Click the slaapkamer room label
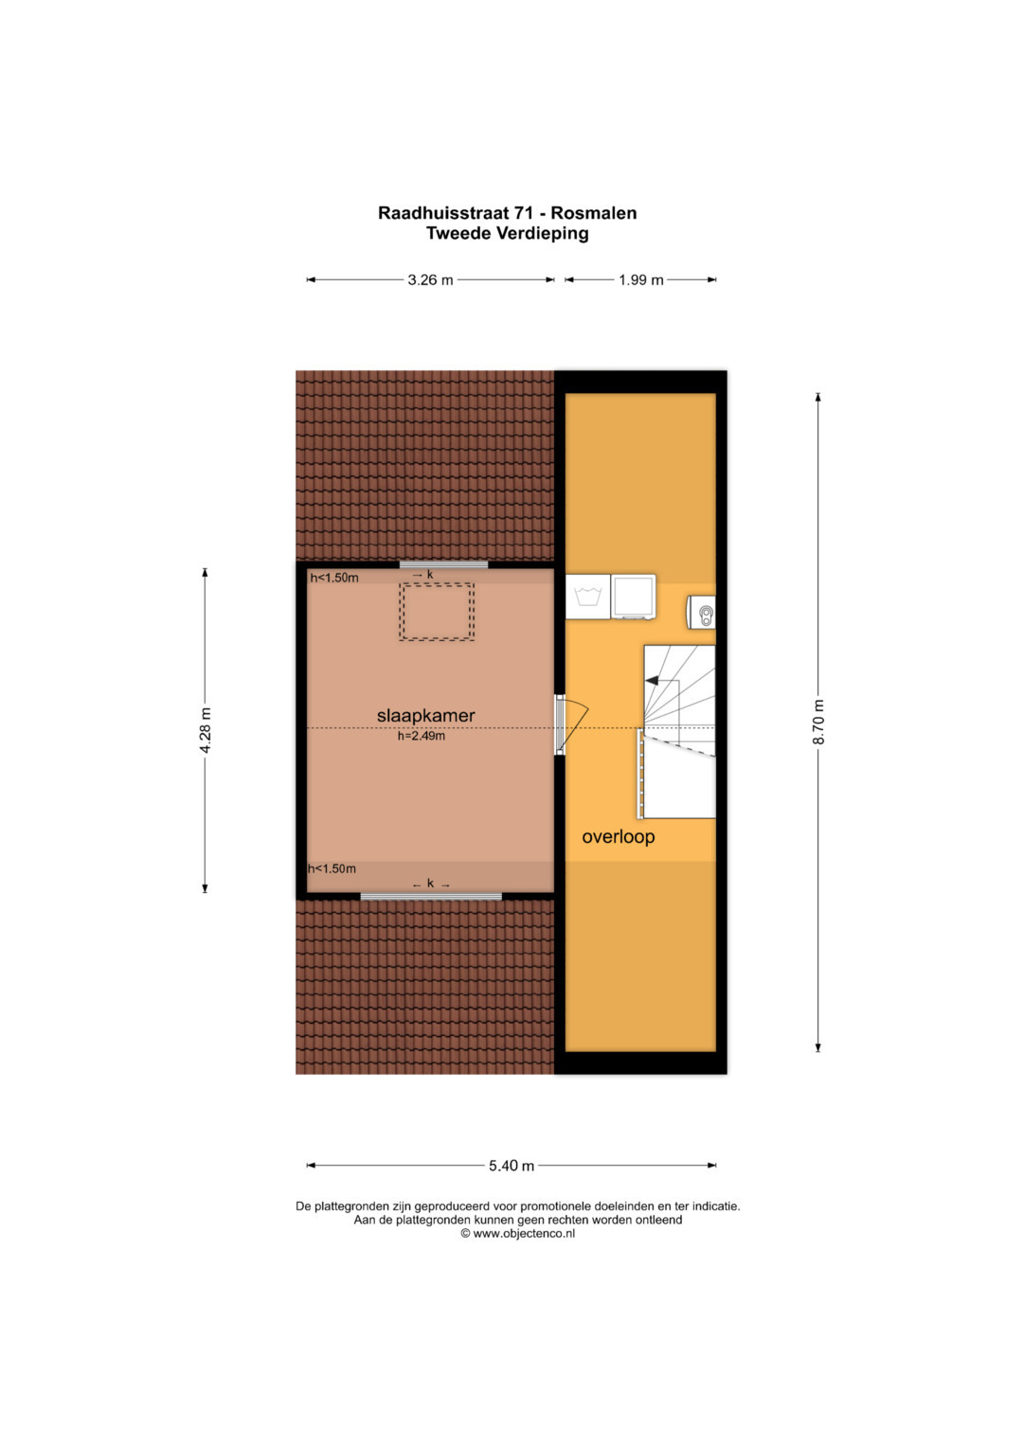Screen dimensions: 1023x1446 point(425,715)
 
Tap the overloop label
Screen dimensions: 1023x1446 point(618,837)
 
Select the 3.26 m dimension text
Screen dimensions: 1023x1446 point(430,279)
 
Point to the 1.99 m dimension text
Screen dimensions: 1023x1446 point(640,279)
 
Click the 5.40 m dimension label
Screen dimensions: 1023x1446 point(511,1166)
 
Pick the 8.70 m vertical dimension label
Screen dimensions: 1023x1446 point(818,723)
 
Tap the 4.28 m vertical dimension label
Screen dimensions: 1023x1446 point(206,730)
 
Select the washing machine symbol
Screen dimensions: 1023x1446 point(587,597)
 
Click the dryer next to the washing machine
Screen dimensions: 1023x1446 point(634,598)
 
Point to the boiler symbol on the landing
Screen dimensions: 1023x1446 point(701,612)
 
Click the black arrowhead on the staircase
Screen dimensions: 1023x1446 point(652,680)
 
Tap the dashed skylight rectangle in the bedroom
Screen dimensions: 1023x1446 point(437,612)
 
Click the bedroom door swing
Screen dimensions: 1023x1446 point(573,725)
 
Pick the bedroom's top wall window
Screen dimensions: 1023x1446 point(443,564)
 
